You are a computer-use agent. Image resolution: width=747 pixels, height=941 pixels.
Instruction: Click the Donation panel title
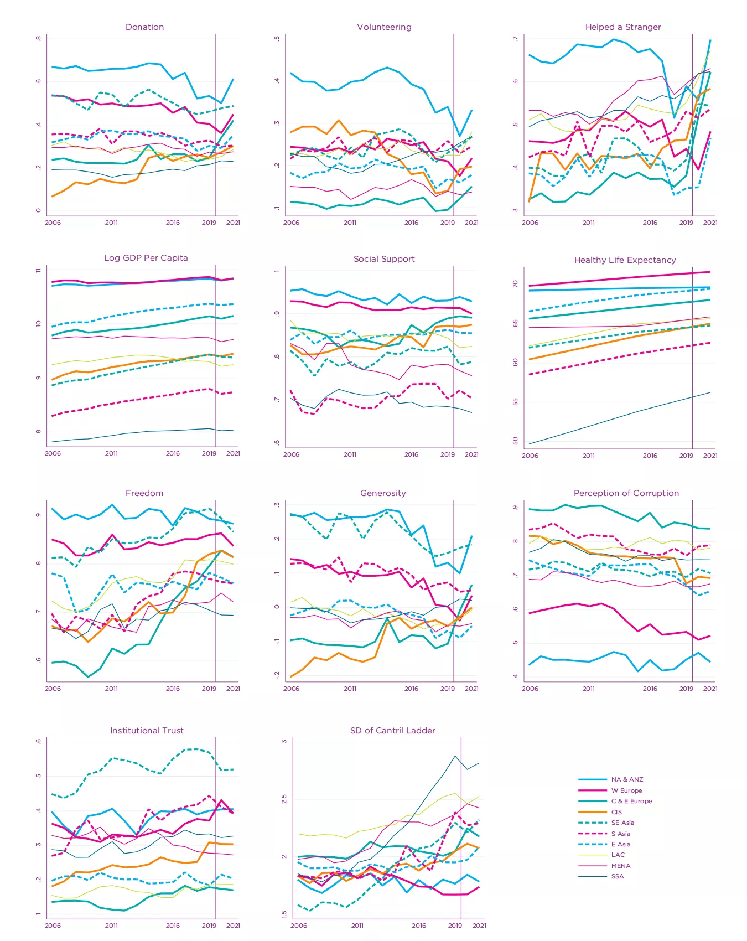pyautogui.click(x=144, y=27)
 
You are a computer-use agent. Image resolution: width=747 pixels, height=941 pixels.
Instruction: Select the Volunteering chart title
pyautogui.click(x=384, y=27)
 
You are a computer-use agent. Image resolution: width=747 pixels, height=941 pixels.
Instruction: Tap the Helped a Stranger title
pyautogui.click(x=623, y=27)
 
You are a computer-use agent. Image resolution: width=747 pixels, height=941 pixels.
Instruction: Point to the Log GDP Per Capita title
pyautogui.click(x=146, y=258)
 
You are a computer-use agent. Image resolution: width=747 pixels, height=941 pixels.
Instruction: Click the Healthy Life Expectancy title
pyautogui.click(x=625, y=260)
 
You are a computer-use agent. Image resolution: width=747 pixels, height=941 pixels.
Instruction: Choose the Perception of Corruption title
pyautogui.click(x=626, y=493)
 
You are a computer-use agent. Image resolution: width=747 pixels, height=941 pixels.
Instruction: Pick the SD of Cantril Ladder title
pyautogui.click(x=392, y=731)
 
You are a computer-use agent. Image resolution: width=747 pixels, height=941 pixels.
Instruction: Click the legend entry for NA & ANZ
pyautogui.click(x=627, y=779)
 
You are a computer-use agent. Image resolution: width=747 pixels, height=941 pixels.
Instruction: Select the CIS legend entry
pyautogui.click(x=616, y=812)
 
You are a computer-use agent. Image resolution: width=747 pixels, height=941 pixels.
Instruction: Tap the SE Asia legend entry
pyautogui.click(x=622, y=823)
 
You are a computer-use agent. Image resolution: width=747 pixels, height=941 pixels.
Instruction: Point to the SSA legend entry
pyautogui.click(x=617, y=876)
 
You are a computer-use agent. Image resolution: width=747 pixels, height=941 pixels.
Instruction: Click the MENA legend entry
pyautogui.click(x=620, y=866)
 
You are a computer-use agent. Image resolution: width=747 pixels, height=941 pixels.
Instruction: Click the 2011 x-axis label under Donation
pyautogui.click(x=111, y=223)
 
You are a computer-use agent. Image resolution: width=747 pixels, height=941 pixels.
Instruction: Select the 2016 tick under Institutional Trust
pyautogui.click(x=173, y=926)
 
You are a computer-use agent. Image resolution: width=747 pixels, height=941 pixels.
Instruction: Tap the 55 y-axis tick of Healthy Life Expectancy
pyautogui.click(x=516, y=402)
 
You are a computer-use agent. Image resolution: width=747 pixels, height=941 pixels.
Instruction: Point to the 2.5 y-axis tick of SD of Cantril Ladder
pyautogui.click(x=284, y=799)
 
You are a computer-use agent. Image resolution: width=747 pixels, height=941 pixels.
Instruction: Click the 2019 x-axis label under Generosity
pyautogui.click(x=447, y=689)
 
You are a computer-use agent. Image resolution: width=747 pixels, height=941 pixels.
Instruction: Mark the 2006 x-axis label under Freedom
pyautogui.click(x=53, y=689)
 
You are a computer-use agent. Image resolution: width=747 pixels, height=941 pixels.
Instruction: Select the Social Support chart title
pyautogui.click(x=384, y=259)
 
